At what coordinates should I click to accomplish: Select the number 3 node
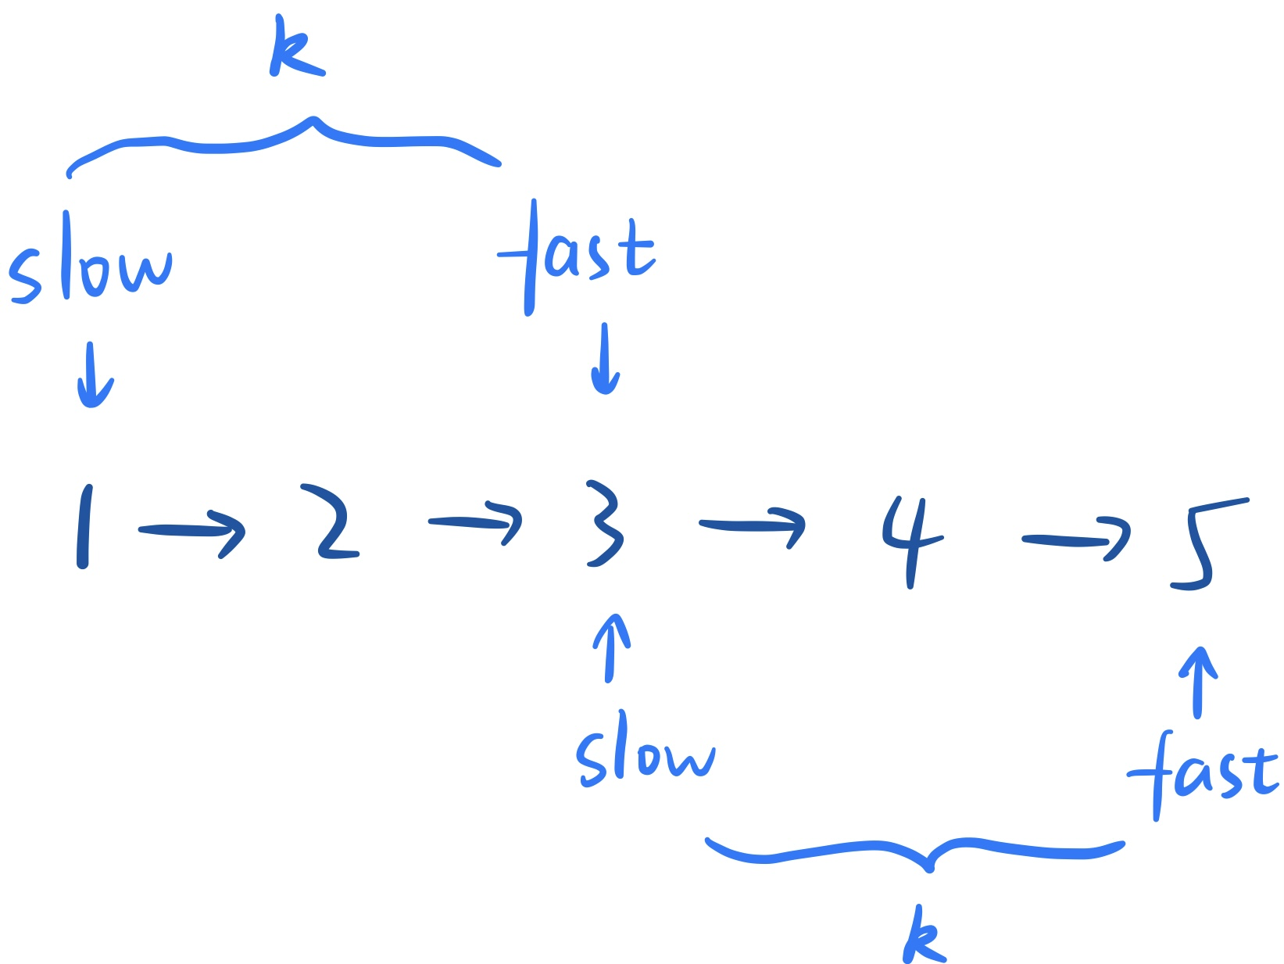click(x=605, y=522)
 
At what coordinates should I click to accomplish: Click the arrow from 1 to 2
click(x=192, y=532)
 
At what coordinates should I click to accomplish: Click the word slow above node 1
click(x=90, y=262)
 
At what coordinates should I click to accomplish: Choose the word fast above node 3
click(x=577, y=254)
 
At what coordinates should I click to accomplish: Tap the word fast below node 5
click(x=1202, y=774)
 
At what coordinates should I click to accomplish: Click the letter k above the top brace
click(x=295, y=48)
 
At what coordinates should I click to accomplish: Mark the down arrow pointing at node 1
click(x=94, y=375)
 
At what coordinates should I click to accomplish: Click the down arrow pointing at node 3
click(x=605, y=360)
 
